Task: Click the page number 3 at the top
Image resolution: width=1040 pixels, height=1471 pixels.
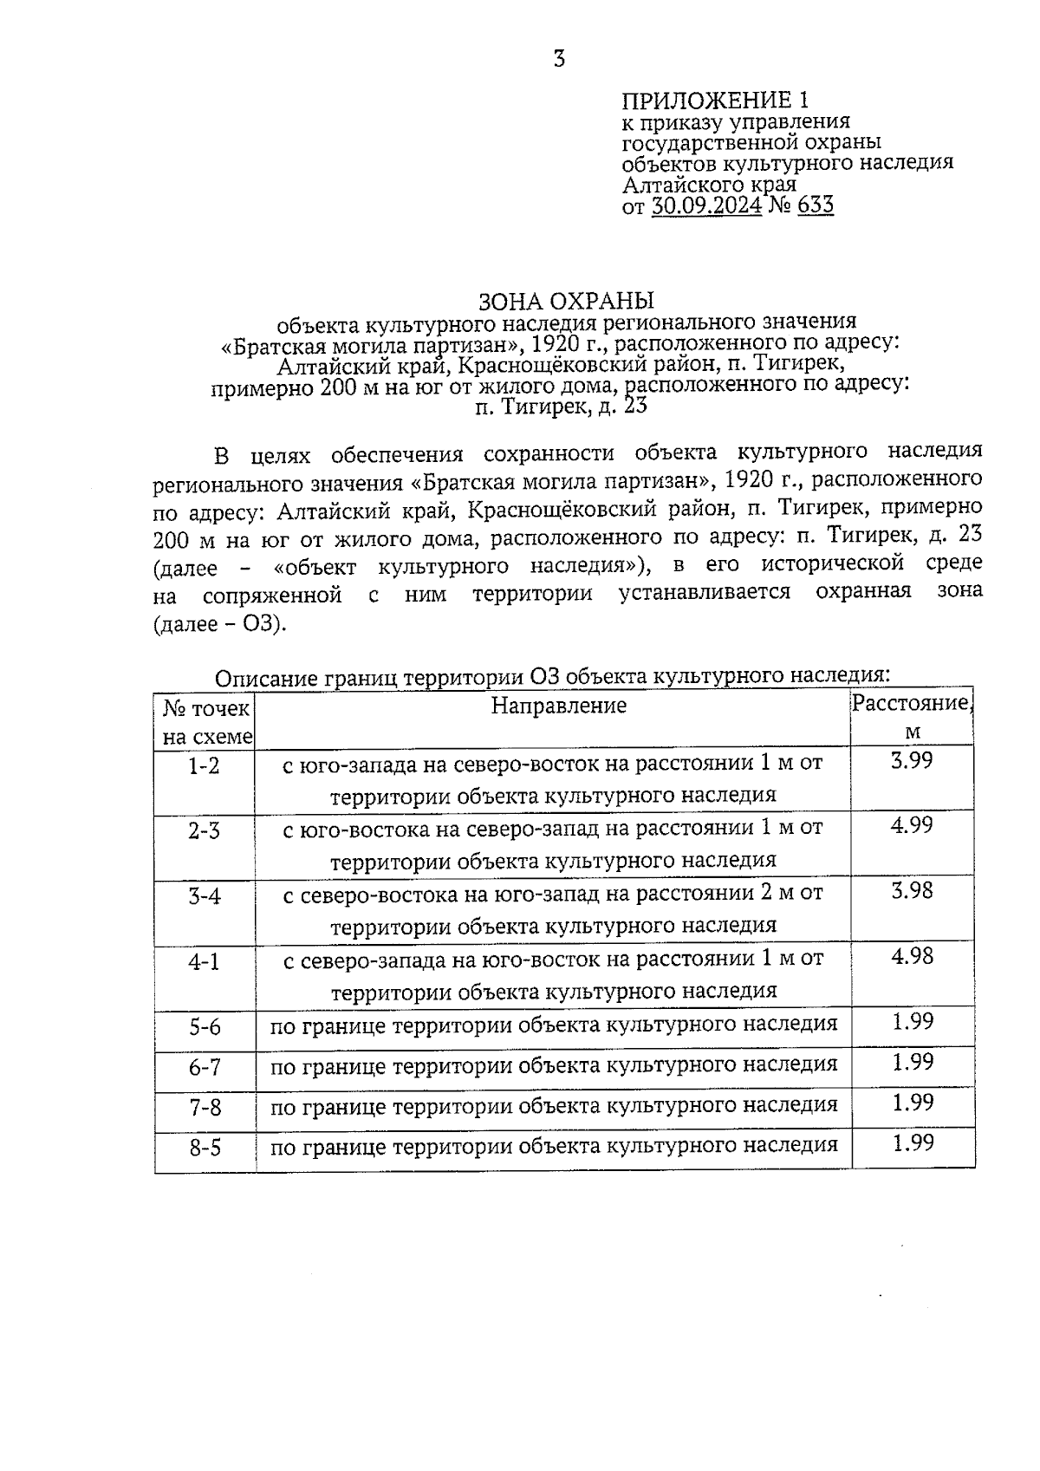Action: pyautogui.click(x=559, y=59)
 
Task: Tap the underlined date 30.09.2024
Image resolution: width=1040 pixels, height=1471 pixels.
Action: pyautogui.click(x=706, y=206)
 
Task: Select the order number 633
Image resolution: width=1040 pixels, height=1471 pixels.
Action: pyautogui.click(x=815, y=206)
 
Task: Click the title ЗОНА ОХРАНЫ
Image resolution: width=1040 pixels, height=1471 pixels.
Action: pyautogui.click(x=567, y=301)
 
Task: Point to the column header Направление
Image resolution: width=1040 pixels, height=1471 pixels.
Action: pyautogui.click(x=558, y=706)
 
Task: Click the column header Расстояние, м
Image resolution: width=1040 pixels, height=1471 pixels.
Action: pyautogui.click(x=912, y=717)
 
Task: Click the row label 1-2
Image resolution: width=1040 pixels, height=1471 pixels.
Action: pyautogui.click(x=205, y=765)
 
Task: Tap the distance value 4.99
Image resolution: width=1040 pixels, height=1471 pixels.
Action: pyautogui.click(x=912, y=825)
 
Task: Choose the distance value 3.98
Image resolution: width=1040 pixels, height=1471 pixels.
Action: pyautogui.click(x=912, y=890)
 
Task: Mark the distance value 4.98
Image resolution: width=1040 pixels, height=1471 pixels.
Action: pyautogui.click(x=912, y=955)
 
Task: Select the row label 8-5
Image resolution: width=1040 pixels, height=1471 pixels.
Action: pyautogui.click(x=205, y=1149)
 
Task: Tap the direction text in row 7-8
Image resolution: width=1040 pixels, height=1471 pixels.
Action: pyautogui.click(x=554, y=1106)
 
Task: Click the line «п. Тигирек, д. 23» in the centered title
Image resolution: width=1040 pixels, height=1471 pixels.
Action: pyautogui.click(x=561, y=406)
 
